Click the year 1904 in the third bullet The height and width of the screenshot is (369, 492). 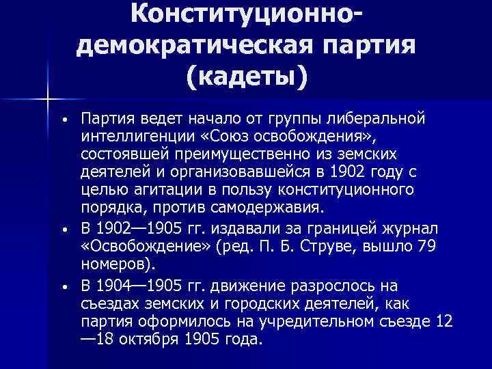pos(113,285)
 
